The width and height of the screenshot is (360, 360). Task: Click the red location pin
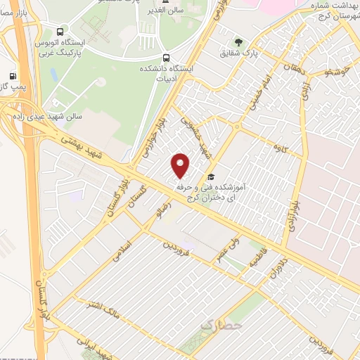click(181, 165)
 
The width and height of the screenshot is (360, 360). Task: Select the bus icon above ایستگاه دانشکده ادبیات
click(167, 58)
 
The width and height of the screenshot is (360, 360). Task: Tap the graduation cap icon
click(211, 176)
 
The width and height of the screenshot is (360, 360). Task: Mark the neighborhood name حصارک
click(220, 326)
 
